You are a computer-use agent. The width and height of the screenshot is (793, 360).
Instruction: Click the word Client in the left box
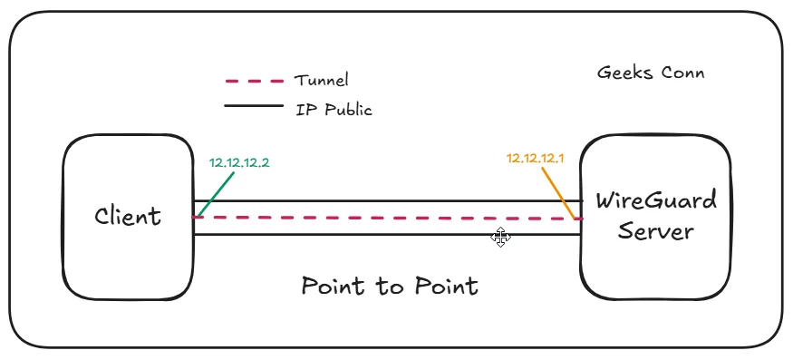click(128, 216)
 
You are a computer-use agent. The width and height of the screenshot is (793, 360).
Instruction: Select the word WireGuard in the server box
click(655, 199)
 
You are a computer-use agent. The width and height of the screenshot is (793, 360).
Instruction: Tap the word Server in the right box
click(655, 231)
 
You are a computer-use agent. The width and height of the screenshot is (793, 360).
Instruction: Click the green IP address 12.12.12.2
click(239, 163)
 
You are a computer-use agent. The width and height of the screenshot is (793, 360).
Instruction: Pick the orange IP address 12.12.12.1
click(536, 158)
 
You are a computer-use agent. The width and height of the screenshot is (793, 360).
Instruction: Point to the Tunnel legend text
click(321, 81)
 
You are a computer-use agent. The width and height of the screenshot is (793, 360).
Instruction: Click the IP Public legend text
click(334, 110)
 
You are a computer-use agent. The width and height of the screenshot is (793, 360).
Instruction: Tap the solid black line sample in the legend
click(254, 106)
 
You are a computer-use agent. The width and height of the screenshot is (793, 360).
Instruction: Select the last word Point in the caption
click(444, 287)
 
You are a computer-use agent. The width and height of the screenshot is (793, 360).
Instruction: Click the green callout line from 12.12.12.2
click(215, 195)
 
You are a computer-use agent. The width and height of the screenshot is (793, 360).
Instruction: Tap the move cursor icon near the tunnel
click(500, 238)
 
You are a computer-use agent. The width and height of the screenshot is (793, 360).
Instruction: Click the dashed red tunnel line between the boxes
click(381, 219)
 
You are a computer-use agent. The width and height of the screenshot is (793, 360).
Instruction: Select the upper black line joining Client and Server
click(381, 201)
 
